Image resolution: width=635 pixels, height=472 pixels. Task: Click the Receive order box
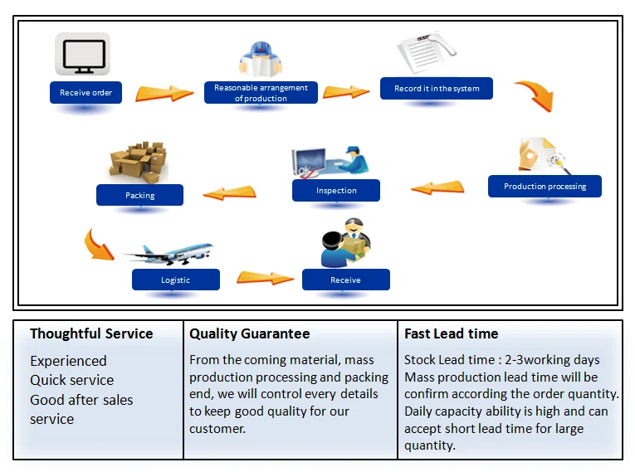pyautogui.click(x=85, y=93)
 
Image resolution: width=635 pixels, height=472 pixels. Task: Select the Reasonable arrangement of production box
pyautogui.click(x=261, y=93)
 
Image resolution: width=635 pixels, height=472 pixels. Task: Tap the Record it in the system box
pyautogui.click(x=437, y=89)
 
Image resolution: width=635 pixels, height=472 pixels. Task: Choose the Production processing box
pyautogui.click(x=545, y=187)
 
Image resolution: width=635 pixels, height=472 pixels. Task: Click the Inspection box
pyautogui.click(x=336, y=191)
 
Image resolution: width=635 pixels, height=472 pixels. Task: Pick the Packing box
pyautogui.click(x=139, y=196)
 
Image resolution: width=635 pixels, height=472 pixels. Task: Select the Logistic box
pyautogui.click(x=175, y=280)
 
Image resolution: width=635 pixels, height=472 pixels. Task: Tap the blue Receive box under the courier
pyautogui.click(x=345, y=280)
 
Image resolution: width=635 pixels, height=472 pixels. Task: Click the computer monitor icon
pyautogui.click(x=82, y=55)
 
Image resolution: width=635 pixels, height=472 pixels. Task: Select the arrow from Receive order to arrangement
pyautogui.click(x=164, y=91)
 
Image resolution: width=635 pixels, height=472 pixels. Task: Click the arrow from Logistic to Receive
pyautogui.click(x=265, y=278)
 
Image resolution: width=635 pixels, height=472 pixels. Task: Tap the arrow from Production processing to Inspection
pyautogui.click(x=437, y=187)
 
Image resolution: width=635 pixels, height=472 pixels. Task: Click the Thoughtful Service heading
pyautogui.click(x=91, y=334)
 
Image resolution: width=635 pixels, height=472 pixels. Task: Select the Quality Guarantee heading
pyautogui.click(x=249, y=334)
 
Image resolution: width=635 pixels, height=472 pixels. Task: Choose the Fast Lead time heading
pyautogui.click(x=451, y=334)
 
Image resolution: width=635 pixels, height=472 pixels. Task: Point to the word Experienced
pyautogui.click(x=68, y=361)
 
